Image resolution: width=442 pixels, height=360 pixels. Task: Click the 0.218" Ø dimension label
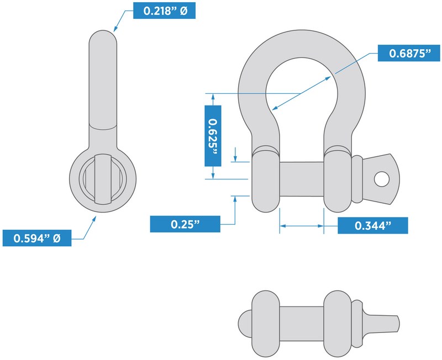click(164, 10)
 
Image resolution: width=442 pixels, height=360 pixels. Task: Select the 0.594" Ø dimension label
click(37, 238)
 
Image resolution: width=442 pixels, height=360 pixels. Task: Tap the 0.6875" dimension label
click(409, 53)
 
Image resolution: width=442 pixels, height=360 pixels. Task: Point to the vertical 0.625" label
click(213, 136)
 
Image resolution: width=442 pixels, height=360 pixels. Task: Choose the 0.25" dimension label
click(185, 224)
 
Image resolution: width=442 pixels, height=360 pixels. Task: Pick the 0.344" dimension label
click(372, 225)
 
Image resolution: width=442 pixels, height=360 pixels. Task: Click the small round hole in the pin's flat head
click(382, 179)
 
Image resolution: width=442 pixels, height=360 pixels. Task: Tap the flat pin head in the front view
click(381, 179)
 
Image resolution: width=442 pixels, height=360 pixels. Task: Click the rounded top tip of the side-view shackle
click(103, 35)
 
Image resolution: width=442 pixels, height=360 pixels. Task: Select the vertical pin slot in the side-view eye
click(103, 179)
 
